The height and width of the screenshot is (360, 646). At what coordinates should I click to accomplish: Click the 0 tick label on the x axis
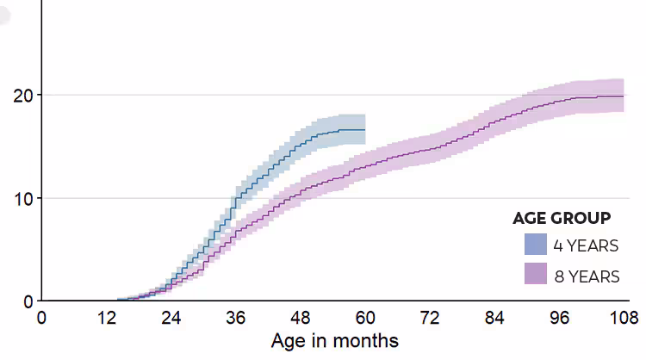[x=41, y=319]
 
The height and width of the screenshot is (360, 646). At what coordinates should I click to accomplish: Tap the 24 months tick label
[x=171, y=319]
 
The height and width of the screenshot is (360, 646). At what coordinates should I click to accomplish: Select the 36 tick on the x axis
[x=236, y=319]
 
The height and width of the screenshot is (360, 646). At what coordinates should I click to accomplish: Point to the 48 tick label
[x=301, y=319]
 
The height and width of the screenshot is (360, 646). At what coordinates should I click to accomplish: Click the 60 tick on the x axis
[x=365, y=319]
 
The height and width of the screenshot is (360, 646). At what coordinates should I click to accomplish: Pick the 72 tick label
[x=430, y=319]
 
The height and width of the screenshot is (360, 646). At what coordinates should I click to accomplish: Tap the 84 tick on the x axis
[x=494, y=319]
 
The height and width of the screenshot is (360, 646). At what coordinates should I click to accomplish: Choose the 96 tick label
[x=560, y=319]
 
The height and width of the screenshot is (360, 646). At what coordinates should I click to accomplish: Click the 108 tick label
[x=623, y=319]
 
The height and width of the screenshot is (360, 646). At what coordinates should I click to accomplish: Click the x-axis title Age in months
[x=335, y=341]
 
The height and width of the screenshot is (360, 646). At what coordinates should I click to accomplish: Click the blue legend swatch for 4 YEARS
[x=535, y=245]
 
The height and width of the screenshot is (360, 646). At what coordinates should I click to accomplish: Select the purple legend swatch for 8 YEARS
[x=535, y=275]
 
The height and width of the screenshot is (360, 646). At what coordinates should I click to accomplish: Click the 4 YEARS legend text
[x=586, y=245]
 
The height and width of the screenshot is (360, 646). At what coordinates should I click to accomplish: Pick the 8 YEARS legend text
[x=586, y=276]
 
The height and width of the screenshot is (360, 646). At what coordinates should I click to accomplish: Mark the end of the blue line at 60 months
[x=364, y=130]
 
